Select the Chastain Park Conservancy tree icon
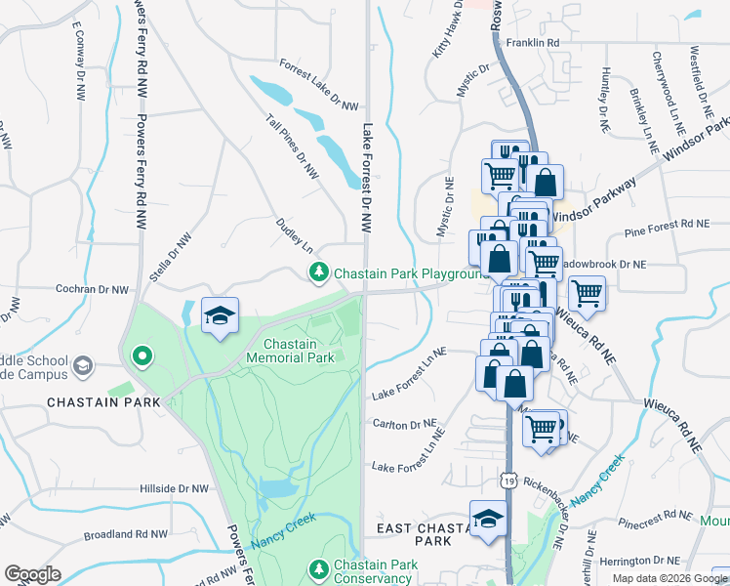tap(318, 568)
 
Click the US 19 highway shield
tap(508, 480)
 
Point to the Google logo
tap(32, 574)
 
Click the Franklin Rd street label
tap(540, 43)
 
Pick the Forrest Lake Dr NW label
tap(319, 84)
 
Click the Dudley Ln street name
tap(299, 236)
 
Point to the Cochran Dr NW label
tap(93, 290)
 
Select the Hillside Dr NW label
tap(174, 487)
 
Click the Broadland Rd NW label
tap(126, 534)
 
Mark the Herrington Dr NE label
tap(638, 561)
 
